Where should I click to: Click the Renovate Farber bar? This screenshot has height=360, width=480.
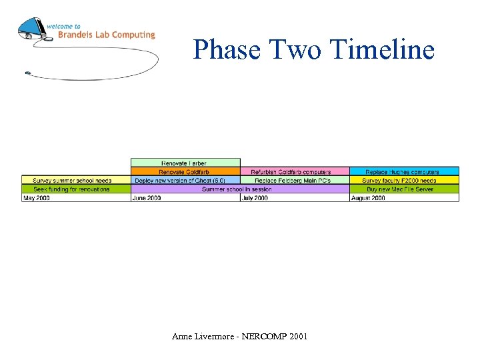coord(185,163)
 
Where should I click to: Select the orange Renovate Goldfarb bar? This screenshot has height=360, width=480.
coord(185,171)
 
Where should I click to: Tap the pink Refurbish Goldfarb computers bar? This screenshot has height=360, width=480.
coord(294,171)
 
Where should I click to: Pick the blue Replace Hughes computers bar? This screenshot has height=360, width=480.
coord(404,171)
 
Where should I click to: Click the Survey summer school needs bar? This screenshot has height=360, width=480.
coord(75,180)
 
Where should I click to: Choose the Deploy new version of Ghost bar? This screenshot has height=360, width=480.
coord(185,180)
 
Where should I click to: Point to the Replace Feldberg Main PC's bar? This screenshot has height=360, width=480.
coord(294,180)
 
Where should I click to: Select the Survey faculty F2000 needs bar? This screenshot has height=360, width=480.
coord(404,180)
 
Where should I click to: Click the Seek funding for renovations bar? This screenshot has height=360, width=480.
coord(75,189)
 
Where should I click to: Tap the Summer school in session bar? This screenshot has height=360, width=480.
coord(239,189)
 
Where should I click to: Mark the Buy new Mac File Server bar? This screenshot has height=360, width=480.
coord(404,189)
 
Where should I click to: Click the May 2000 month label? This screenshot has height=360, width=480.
coord(37,198)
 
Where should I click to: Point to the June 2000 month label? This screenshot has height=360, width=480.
coord(147,198)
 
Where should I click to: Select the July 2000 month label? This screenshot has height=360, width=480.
coord(255,198)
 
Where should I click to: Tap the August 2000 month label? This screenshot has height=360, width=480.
coord(368,198)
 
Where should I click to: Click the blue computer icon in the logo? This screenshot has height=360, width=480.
coord(32,29)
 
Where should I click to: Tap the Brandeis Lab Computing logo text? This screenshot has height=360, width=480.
coord(106,35)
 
